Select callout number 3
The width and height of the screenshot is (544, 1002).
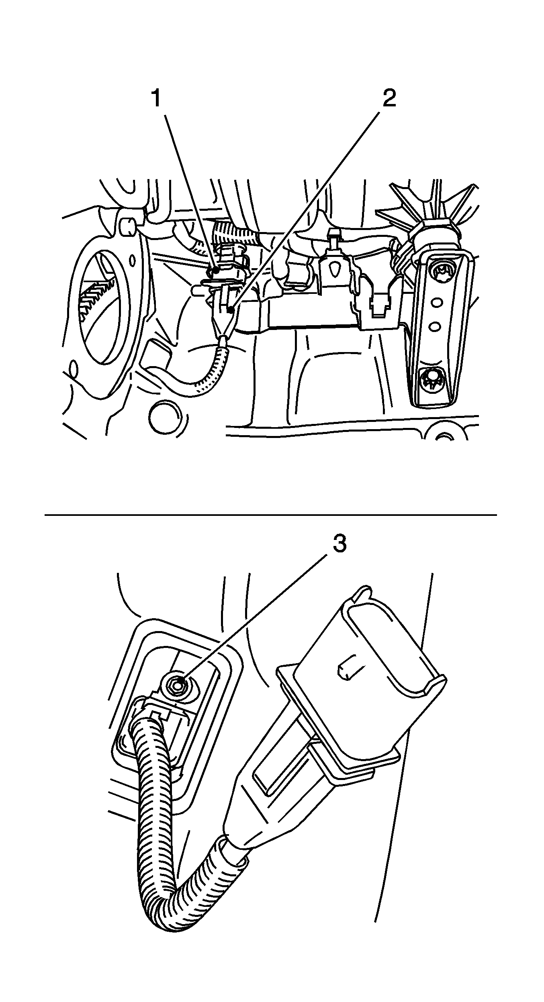point(339,545)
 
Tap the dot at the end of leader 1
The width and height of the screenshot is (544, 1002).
point(216,271)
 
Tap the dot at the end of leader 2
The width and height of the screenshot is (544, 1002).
point(230,310)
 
